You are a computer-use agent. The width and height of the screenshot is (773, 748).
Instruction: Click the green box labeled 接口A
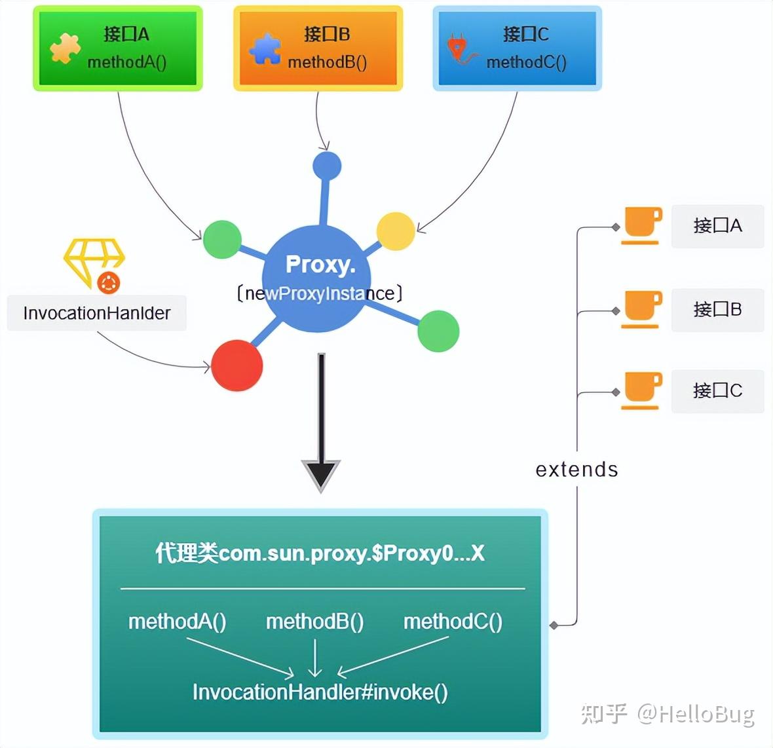point(118,48)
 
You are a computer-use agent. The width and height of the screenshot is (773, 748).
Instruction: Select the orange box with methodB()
point(318,48)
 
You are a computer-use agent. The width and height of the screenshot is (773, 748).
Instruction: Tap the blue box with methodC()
point(518,48)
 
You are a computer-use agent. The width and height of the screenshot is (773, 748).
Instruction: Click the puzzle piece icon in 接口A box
point(65,48)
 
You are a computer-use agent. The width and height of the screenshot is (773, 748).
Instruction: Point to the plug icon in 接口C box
point(459,49)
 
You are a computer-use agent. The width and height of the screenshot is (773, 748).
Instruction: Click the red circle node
point(237,365)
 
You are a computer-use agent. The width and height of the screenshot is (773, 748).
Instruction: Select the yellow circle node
point(396,231)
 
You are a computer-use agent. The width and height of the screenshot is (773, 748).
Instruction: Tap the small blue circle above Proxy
point(327,166)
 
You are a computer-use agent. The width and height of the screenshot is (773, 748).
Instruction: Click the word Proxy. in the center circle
point(320,264)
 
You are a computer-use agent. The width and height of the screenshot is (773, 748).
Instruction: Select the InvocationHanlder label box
point(97,313)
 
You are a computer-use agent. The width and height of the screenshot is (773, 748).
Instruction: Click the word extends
point(576,469)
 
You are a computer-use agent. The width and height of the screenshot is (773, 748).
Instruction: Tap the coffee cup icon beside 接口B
point(641,309)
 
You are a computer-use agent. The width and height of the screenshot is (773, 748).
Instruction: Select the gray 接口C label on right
point(717,391)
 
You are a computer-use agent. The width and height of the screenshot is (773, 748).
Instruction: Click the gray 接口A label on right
point(717,226)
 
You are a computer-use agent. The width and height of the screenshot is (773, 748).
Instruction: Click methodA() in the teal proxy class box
point(177,621)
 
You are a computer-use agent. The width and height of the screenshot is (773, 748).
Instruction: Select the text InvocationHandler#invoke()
point(320,692)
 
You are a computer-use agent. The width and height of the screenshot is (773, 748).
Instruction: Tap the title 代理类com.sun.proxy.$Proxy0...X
point(320,553)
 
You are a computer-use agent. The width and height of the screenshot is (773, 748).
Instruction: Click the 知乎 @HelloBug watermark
point(668,713)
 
